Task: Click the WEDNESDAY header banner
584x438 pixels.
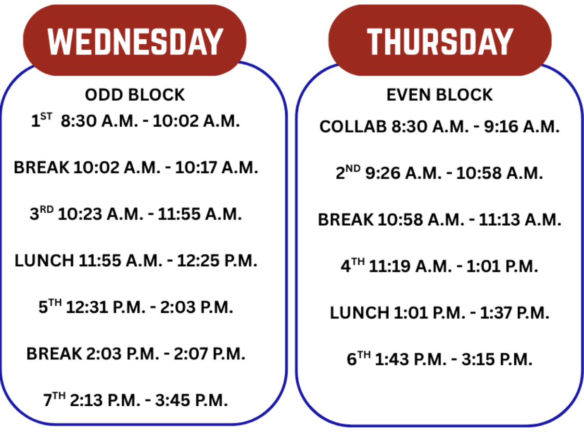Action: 135,40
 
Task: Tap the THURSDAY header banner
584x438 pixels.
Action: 440,40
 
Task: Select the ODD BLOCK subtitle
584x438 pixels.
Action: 135,95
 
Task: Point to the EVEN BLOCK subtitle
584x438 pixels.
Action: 440,95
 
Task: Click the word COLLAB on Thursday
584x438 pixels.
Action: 353,127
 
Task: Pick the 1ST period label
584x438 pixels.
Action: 41,120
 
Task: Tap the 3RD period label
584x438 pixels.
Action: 41,213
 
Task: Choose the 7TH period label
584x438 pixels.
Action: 54,399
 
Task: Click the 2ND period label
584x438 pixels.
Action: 348,172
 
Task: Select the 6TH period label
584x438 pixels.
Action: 359,359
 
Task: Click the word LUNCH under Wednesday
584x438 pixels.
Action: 44,260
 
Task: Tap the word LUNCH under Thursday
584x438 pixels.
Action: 359,313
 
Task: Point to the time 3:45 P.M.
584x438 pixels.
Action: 191,400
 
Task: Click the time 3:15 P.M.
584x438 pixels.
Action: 497,359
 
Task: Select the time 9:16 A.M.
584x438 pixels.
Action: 522,127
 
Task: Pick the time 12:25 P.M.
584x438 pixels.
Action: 217,260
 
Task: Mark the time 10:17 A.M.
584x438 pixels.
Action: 216,167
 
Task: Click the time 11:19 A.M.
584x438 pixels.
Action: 410,266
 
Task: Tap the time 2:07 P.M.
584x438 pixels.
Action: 209,354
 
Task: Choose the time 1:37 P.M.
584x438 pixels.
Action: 515,313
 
